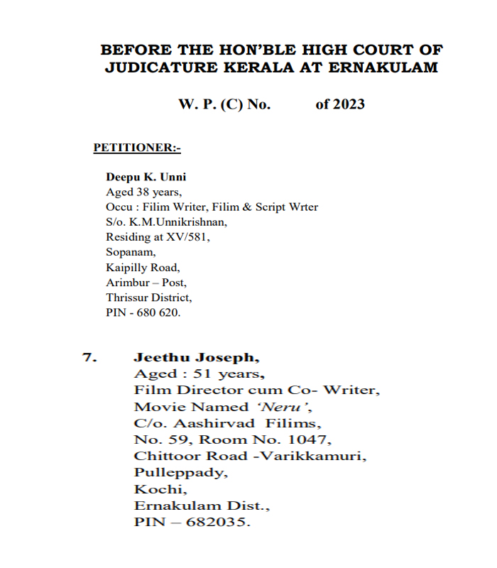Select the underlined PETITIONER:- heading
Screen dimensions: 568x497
[137, 148]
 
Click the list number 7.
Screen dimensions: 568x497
[89, 357]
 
